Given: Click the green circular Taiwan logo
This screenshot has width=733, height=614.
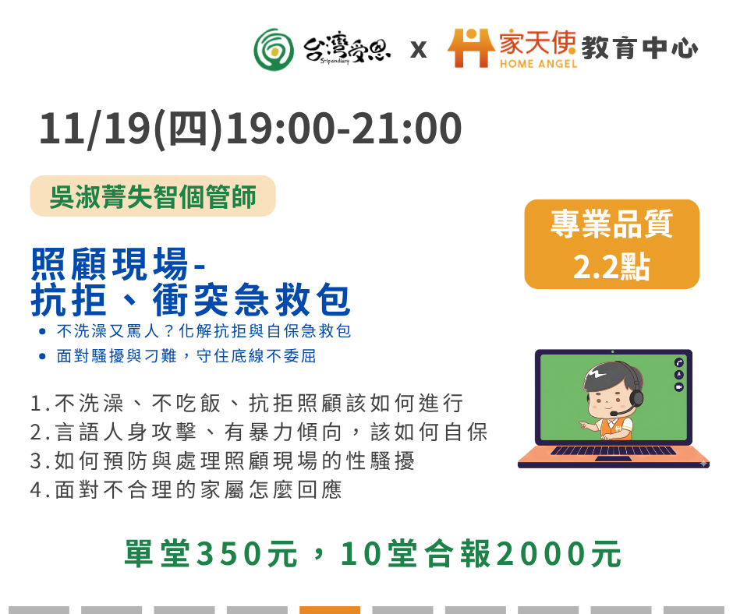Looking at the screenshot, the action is click(274, 50).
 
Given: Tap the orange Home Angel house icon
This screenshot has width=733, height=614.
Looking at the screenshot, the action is click(471, 48).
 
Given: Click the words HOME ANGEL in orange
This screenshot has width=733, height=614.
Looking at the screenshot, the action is click(539, 64).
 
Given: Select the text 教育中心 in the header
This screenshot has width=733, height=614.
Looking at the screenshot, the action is click(639, 48).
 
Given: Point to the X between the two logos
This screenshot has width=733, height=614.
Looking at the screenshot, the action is click(419, 50).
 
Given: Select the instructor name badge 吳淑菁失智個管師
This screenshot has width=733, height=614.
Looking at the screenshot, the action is click(153, 196).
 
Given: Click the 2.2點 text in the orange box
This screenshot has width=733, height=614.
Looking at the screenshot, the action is click(611, 266).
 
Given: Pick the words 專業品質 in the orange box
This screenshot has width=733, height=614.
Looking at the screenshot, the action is click(611, 224).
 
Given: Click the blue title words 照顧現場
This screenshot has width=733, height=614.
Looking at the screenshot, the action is click(109, 264).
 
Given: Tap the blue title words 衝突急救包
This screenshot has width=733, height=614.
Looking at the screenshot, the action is click(252, 300).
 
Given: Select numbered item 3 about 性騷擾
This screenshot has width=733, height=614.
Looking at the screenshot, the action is click(222, 460).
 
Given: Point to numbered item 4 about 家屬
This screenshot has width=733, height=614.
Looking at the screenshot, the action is click(186, 489).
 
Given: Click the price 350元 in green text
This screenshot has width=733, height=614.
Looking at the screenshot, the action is click(247, 554).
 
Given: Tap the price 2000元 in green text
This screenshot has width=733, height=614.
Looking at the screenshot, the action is click(558, 554).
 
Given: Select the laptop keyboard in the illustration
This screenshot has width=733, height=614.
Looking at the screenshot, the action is click(614, 451).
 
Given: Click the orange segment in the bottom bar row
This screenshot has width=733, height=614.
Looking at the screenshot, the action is click(330, 610).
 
